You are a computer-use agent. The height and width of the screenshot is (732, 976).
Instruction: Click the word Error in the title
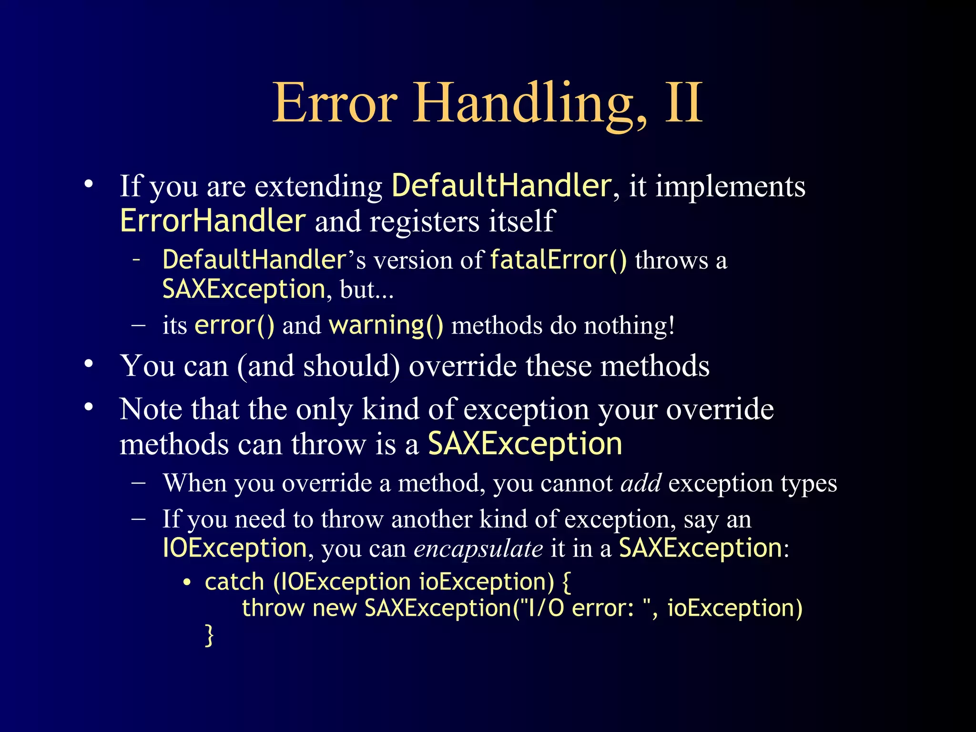tap(335, 103)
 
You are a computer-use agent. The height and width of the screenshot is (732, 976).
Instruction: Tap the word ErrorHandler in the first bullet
tap(213, 221)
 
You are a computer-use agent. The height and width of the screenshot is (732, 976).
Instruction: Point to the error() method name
tap(234, 325)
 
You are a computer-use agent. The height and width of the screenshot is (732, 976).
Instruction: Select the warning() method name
tap(386, 325)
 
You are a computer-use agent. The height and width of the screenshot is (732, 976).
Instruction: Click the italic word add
tap(640, 483)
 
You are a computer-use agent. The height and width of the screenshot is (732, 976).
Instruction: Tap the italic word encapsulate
tap(478, 549)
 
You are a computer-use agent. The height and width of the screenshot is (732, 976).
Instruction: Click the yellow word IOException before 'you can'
tap(234, 548)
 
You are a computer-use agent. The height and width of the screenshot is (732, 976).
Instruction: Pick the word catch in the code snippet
tap(234, 582)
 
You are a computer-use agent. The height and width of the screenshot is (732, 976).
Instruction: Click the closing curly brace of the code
tap(209, 635)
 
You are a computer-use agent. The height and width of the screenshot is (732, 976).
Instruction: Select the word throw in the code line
tap(273, 608)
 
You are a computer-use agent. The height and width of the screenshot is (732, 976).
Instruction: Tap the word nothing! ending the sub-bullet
tap(630, 325)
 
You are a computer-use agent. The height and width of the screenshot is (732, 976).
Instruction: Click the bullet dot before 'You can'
tap(89, 364)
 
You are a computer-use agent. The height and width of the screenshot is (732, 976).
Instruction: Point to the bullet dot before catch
tap(187, 582)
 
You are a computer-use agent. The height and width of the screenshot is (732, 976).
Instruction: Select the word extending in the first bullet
tap(318, 186)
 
